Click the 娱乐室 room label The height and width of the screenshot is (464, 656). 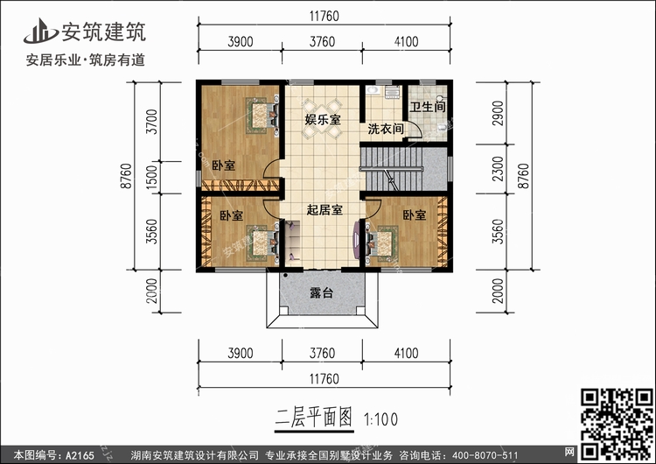322,120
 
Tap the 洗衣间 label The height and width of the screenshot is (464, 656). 385,129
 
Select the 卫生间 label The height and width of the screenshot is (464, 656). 429,106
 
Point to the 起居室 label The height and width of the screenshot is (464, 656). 324,210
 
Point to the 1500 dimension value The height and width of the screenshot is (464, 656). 153,178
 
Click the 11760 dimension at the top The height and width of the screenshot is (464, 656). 322,17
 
